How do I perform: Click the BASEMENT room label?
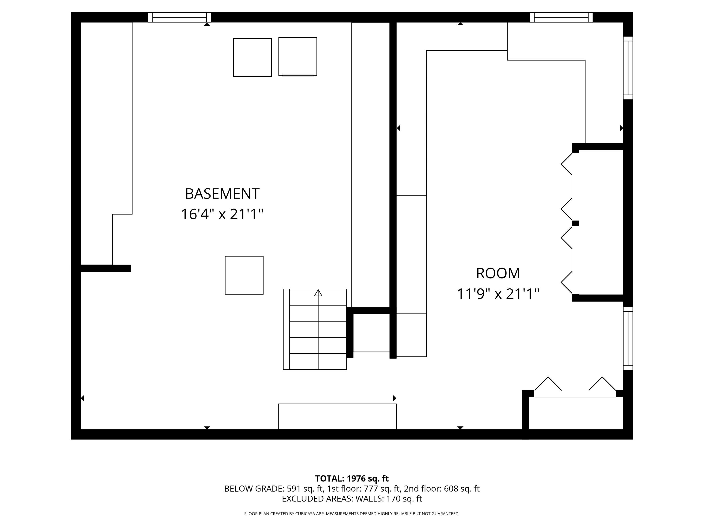(x=222, y=194)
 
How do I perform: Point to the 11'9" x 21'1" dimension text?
(x=498, y=294)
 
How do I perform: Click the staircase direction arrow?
(x=318, y=293)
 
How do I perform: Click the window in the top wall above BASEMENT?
(x=180, y=17)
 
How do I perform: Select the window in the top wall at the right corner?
(x=561, y=17)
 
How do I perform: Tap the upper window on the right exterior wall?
(x=628, y=68)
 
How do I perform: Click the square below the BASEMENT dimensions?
(x=244, y=275)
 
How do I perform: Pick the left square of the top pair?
(x=252, y=57)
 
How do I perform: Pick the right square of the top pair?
(x=298, y=57)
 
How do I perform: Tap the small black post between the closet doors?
(x=575, y=223)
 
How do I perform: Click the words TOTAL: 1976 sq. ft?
(x=352, y=478)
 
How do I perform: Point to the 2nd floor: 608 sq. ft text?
(x=441, y=489)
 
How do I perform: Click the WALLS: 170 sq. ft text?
(x=388, y=499)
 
